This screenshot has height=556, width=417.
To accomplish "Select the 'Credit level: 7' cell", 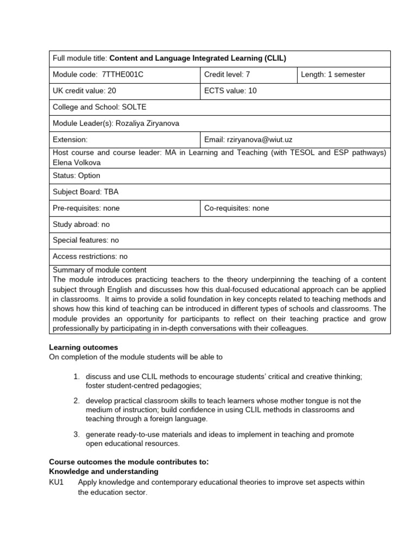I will [227, 75].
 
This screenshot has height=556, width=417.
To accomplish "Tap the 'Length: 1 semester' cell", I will [333, 75].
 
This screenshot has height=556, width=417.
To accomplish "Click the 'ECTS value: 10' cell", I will [230, 91].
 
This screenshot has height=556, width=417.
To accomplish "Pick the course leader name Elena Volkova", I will [77, 162].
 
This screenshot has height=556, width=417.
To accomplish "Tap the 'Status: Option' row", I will [77, 176].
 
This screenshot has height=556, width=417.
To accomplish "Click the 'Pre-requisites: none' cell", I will [86, 208].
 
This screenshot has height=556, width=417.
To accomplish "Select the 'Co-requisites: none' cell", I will [236, 208].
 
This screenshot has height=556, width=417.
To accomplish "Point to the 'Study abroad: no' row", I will [81, 224].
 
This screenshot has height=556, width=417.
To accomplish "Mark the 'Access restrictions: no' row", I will [90, 256].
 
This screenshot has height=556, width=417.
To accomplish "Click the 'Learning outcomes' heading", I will [84, 347].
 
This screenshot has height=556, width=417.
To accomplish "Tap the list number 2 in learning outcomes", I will [77, 401].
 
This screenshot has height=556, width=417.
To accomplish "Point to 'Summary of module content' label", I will [99, 270].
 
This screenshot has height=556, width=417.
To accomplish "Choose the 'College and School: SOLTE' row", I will [99, 107].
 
